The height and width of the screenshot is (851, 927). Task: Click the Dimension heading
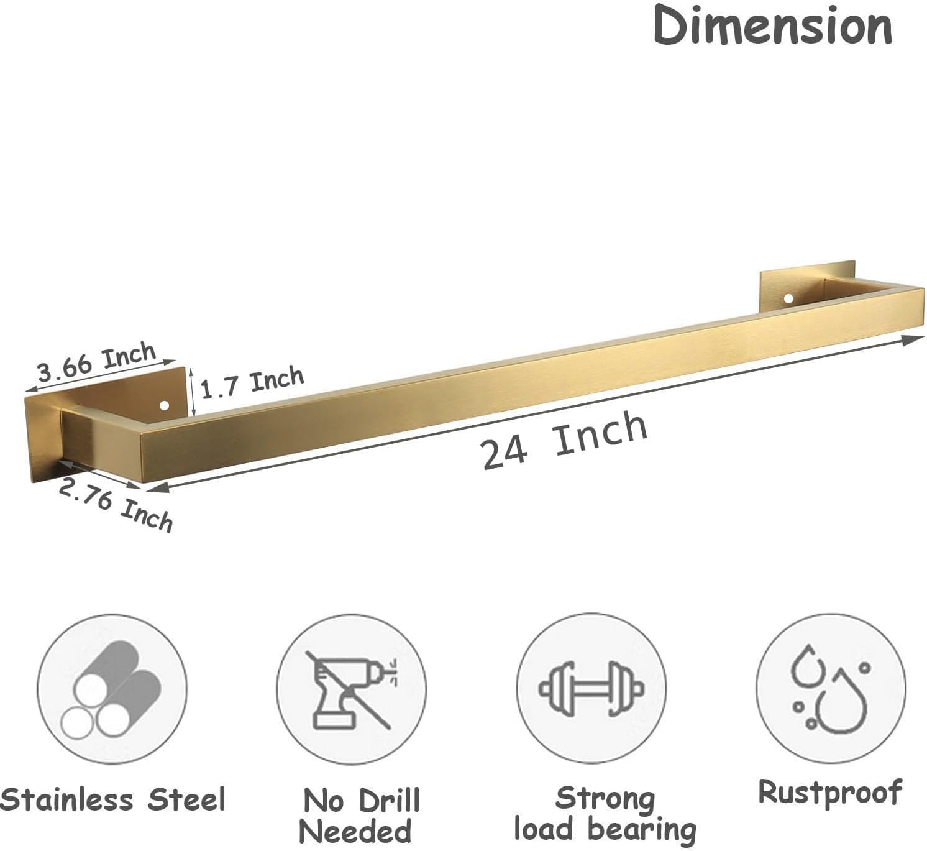click(x=772, y=26)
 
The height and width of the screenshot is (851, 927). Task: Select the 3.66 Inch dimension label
click(x=96, y=362)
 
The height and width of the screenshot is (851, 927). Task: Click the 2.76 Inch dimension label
click(x=115, y=505)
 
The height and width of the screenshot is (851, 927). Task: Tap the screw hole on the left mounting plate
click(x=165, y=407)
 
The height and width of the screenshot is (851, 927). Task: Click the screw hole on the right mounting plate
click(x=788, y=298)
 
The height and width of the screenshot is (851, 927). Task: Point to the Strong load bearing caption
click(x=605, y=813)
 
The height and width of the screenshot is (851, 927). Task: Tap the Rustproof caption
click(x=830, y=793)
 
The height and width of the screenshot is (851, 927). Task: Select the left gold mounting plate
click(x=43, y=435)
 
